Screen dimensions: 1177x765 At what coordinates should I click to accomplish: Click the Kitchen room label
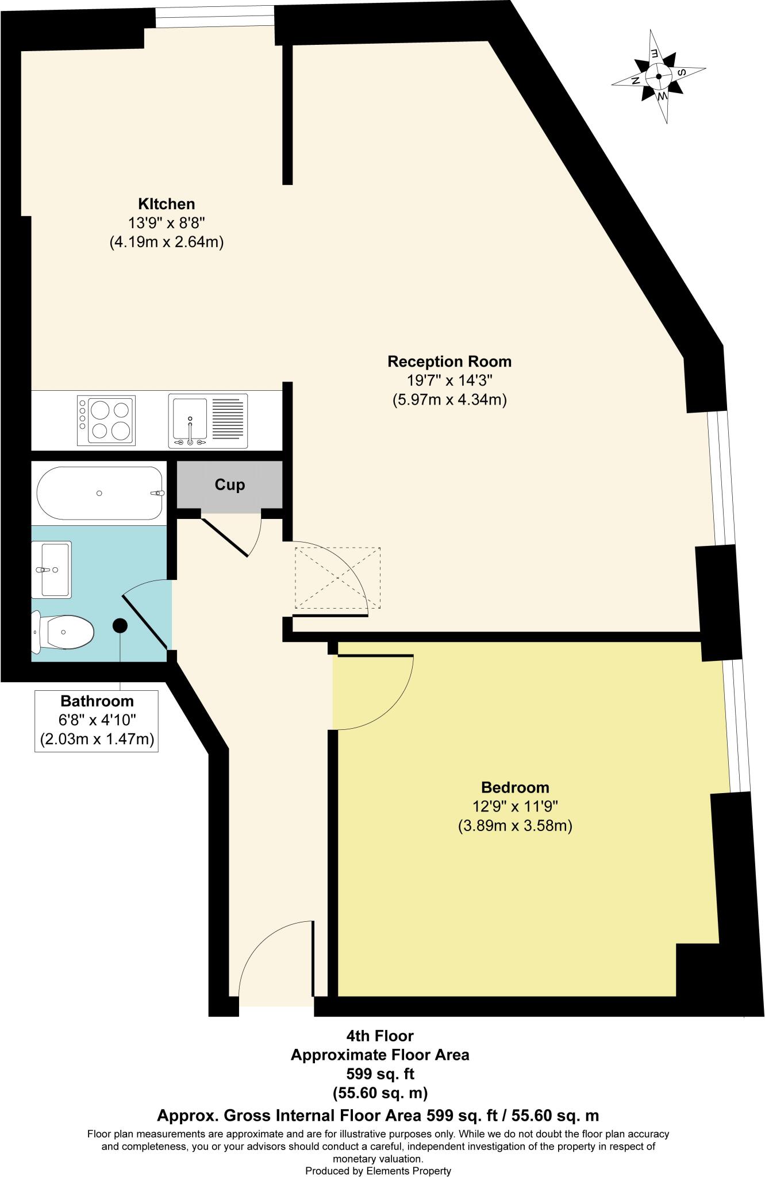(166, 204)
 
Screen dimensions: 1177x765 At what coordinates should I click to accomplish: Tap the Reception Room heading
(449, 361)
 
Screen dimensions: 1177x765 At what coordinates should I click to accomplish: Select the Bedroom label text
(515, 787)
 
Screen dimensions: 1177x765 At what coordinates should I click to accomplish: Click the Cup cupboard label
(229, 484)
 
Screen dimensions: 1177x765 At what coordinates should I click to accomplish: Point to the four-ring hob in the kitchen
(106, 421)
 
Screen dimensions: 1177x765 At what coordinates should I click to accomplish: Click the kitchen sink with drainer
(207, 421)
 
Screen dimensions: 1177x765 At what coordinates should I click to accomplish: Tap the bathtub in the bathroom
(100, 493)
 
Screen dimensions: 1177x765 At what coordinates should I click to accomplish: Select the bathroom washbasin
(52, 569)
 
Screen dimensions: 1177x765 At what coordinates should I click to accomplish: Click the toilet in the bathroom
(62, 632)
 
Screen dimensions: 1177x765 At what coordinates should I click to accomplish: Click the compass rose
(659, 76)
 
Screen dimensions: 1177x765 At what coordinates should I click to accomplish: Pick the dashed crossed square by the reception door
(337, 578)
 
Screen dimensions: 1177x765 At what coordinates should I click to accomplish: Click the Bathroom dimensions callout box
(97, 720)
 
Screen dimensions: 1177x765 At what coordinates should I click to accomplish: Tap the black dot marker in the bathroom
(120, 625)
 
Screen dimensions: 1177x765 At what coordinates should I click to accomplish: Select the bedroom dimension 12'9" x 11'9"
(515, 806)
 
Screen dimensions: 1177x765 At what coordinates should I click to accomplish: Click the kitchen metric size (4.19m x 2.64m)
(166, 242)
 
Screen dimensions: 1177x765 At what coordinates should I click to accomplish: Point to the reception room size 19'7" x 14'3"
(449, 380)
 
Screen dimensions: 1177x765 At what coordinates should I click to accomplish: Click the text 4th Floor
(379, 1036)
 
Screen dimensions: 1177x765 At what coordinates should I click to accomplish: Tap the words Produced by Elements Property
(378, 1171)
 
